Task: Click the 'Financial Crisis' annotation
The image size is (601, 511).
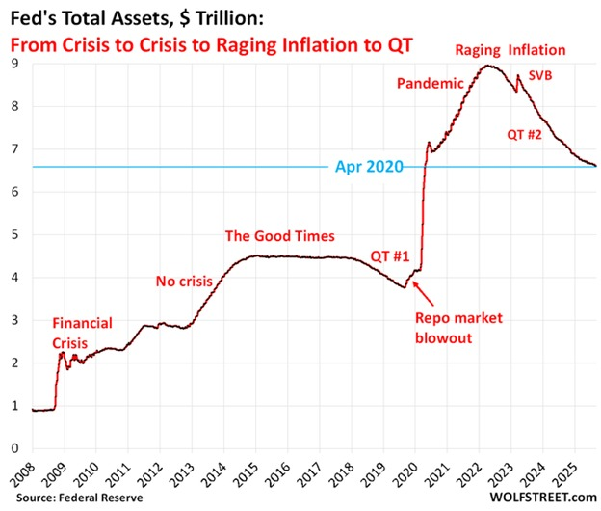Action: (82, 332)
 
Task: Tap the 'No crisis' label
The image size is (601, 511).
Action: (186, 282)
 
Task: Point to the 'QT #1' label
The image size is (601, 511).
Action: (391, 256)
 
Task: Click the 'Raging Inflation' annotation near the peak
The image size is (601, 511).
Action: (510, 50)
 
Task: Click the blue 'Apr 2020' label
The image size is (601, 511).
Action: (371, 167)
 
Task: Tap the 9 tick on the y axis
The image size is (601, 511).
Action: (14, 64)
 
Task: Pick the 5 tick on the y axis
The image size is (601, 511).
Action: (14, 234)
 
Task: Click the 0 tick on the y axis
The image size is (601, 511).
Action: (14, 448)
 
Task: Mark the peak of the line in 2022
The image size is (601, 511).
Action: (489, 66)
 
